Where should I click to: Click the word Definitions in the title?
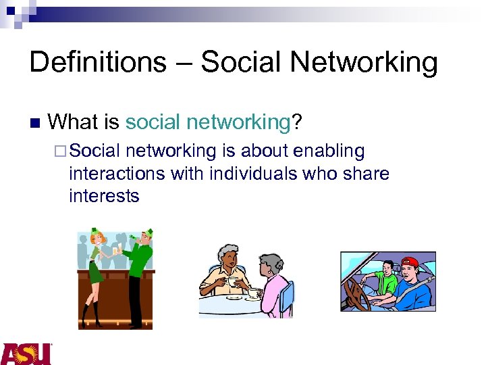tap(97, 63)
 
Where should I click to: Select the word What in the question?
tap(74, 122)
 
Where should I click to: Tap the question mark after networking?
tap(296, 122)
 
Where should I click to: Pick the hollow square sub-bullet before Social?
tap(62, 151)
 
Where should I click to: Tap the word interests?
tap(104, 196)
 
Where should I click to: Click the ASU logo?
tap(26, 354)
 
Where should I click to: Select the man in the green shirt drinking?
tap(140, 270)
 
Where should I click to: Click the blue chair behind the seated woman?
tap(288, 297)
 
